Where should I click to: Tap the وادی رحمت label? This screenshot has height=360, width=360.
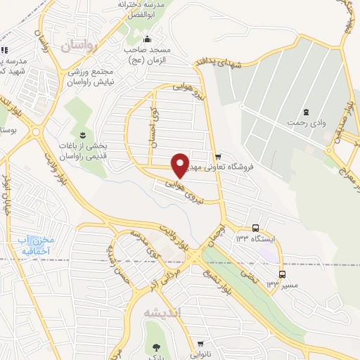click(306, 123)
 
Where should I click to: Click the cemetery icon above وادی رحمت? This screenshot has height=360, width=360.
click(306, 112)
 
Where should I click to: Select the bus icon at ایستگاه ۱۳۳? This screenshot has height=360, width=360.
click(255, 229)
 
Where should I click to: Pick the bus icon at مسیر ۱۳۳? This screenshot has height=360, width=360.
click(282, 274)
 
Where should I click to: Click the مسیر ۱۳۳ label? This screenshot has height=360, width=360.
click(282, 285)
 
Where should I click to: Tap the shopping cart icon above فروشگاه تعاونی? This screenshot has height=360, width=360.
click(217, 157)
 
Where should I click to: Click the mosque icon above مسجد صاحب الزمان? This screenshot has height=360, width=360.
click(146, 39)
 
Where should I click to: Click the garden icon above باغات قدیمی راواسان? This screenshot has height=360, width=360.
click(84, 134)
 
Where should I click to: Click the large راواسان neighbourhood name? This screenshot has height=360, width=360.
click(77, 46)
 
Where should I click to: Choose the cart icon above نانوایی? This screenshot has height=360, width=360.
click(200, 345)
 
